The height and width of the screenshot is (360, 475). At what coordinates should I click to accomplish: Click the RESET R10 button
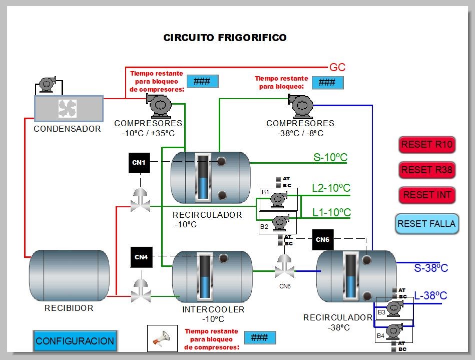[427, 145]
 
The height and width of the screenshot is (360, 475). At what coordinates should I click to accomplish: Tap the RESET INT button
[427, 195]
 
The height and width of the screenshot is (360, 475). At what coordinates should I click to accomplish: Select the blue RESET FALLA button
[426, 224]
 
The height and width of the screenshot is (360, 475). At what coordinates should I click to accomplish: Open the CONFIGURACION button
[75, 341]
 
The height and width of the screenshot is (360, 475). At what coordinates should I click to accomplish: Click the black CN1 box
[139, 163]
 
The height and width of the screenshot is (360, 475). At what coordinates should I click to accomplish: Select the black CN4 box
[141, 257]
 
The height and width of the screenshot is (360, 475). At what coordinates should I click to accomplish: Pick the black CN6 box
[322, 240]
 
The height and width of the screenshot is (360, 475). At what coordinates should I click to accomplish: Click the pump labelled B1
[276, 198]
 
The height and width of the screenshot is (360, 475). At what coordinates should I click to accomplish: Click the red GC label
[337, 68]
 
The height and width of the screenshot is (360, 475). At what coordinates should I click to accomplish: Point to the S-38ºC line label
[431, 268]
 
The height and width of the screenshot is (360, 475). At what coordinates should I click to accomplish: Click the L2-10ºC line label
[331, 188]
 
